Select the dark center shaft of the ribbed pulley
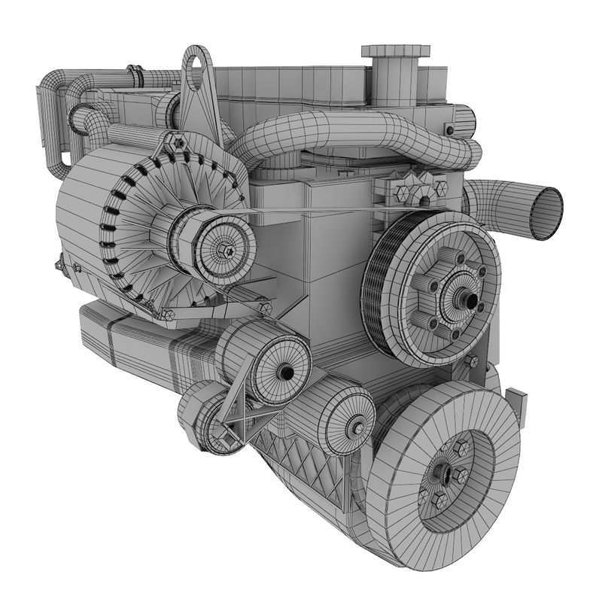[470, 299]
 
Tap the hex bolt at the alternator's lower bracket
[264, 308]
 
